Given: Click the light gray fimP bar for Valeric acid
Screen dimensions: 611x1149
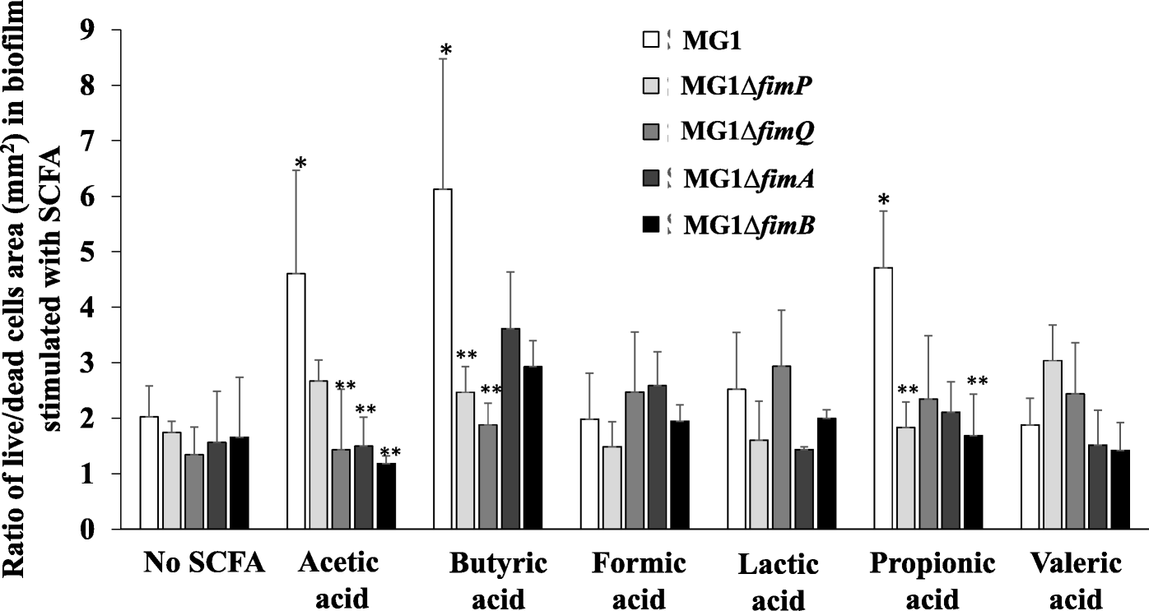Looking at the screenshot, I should (x=1053, y=444).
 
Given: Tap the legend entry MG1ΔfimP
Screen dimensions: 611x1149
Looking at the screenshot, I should (x=747, y=85).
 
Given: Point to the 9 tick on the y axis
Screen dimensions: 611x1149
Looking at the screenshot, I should (x=109, y=30).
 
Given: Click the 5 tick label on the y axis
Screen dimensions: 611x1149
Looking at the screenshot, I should (x=109, y=252).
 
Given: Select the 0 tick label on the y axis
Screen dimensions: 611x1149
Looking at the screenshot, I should (x=109, y=530).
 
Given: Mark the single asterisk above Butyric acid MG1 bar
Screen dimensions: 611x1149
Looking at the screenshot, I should (x=445, y=49).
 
